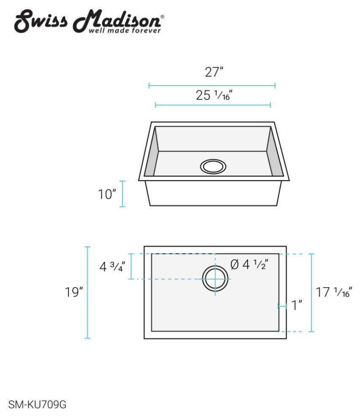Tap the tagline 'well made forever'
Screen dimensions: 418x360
124,31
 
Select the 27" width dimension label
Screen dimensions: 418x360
214,72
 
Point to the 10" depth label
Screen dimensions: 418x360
107,195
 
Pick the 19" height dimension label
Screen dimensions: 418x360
74,292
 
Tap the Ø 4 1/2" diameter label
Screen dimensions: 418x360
249,265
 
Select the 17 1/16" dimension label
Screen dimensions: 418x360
334,292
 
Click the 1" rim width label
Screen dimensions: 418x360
297,305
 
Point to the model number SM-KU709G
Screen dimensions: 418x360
37,405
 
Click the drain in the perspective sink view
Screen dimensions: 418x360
213,166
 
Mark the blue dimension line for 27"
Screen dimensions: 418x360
212,86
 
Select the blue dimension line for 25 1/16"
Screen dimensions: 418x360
213,105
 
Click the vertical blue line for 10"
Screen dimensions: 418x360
123,194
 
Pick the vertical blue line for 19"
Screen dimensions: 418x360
87,292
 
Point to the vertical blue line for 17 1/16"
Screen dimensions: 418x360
311,292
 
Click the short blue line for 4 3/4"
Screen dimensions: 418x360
131,266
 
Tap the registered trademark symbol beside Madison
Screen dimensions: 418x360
163,16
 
